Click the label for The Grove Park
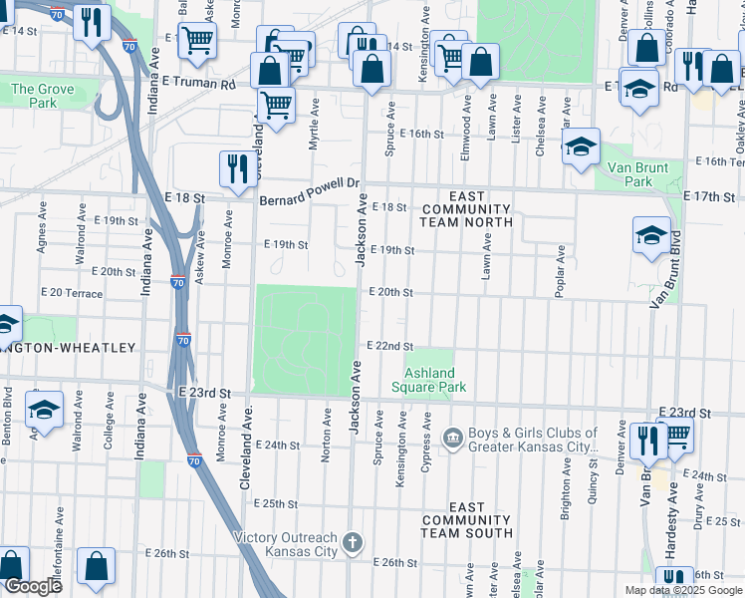42,96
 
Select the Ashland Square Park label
428,380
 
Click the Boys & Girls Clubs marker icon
452,439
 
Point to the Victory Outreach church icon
351,543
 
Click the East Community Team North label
466,209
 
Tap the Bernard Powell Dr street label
309,184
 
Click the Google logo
32,586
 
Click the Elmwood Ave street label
466,116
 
